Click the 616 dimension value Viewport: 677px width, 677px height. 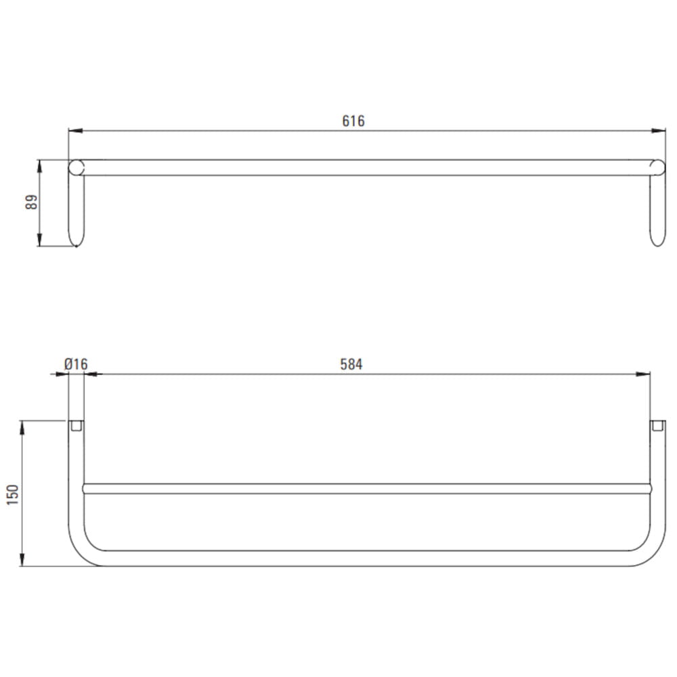[353, 121]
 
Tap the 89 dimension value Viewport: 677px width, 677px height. [32, 202]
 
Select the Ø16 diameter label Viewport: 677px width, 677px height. [76, 364]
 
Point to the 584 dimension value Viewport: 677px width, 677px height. [351, 364]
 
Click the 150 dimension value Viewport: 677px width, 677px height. [13, 495]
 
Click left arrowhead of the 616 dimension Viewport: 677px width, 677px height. [75, 131]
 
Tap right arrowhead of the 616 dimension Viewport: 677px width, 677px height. [659, 131]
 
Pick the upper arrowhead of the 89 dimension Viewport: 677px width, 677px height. [39, 167]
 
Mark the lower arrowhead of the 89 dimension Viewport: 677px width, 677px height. [39, 240]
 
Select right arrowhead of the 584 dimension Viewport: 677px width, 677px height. [643, 374]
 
